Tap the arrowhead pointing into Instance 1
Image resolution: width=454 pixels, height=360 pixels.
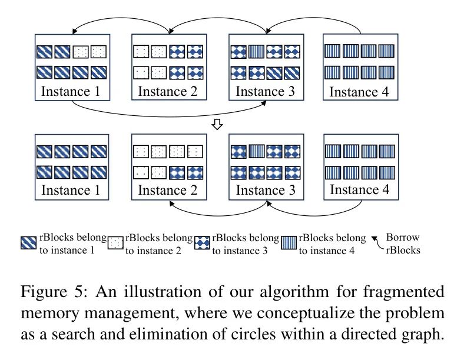pos(74,33)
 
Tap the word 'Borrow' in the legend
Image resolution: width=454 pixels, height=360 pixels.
pos(402,238)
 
